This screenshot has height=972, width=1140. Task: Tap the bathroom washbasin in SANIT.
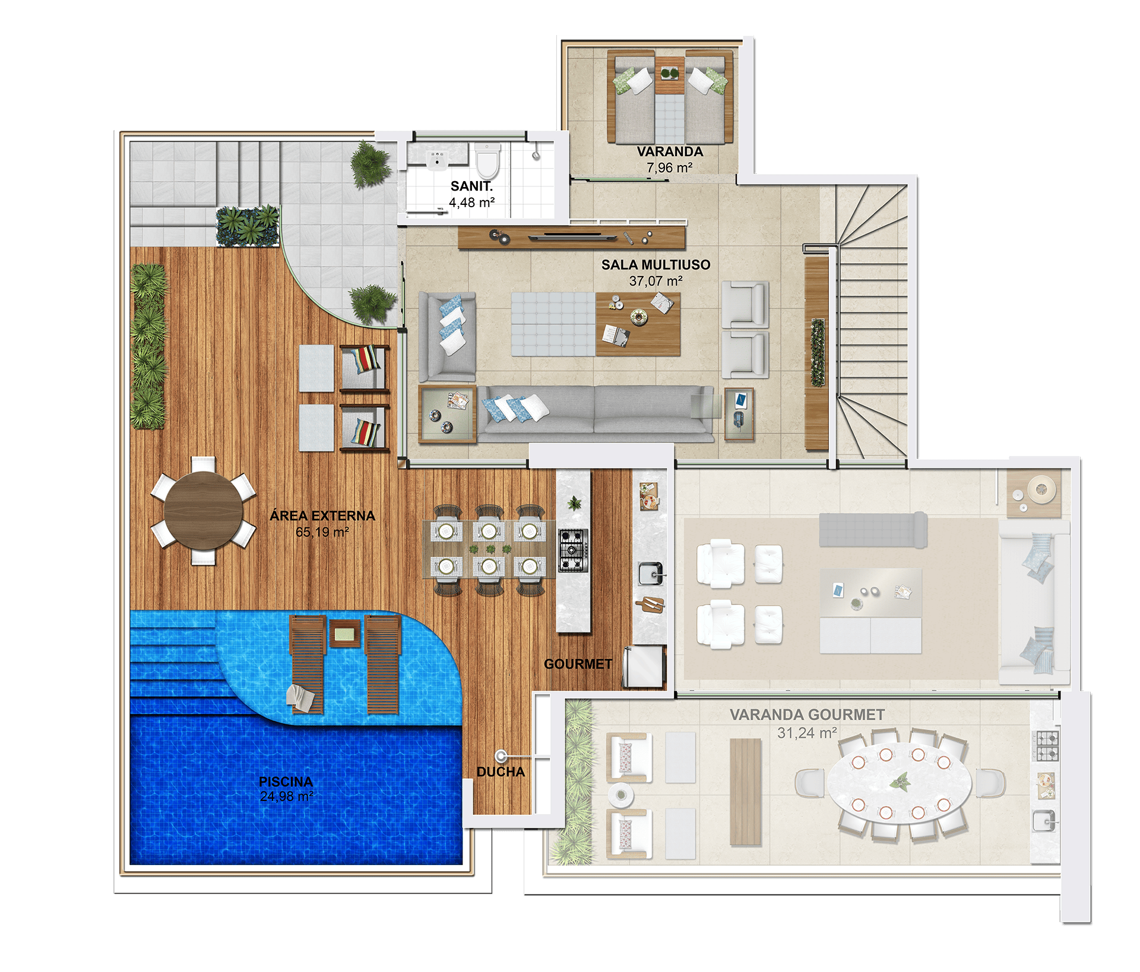[437, 160]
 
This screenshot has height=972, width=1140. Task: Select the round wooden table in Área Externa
[203, 510]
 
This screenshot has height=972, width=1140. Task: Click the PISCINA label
[286, 781]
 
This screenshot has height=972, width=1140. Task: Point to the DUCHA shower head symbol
[502, 756]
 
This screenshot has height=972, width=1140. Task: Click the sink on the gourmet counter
[651, 574]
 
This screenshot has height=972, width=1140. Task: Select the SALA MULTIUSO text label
[655, 265]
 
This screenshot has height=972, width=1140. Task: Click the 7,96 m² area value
[669, 168]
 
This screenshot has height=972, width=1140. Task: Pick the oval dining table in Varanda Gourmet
[900, 783]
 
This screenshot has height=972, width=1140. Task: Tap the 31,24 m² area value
[807, 733]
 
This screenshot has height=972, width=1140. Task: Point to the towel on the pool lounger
[300, 698]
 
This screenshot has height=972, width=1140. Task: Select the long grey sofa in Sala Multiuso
[595, 413]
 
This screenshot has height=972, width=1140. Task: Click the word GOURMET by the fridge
[578, 664]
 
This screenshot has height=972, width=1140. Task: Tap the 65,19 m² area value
[322, 532]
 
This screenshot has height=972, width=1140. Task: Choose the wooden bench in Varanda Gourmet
[745, 791]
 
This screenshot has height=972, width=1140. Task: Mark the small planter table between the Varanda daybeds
[670, 75]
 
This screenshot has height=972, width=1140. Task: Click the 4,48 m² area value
[471, 202]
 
